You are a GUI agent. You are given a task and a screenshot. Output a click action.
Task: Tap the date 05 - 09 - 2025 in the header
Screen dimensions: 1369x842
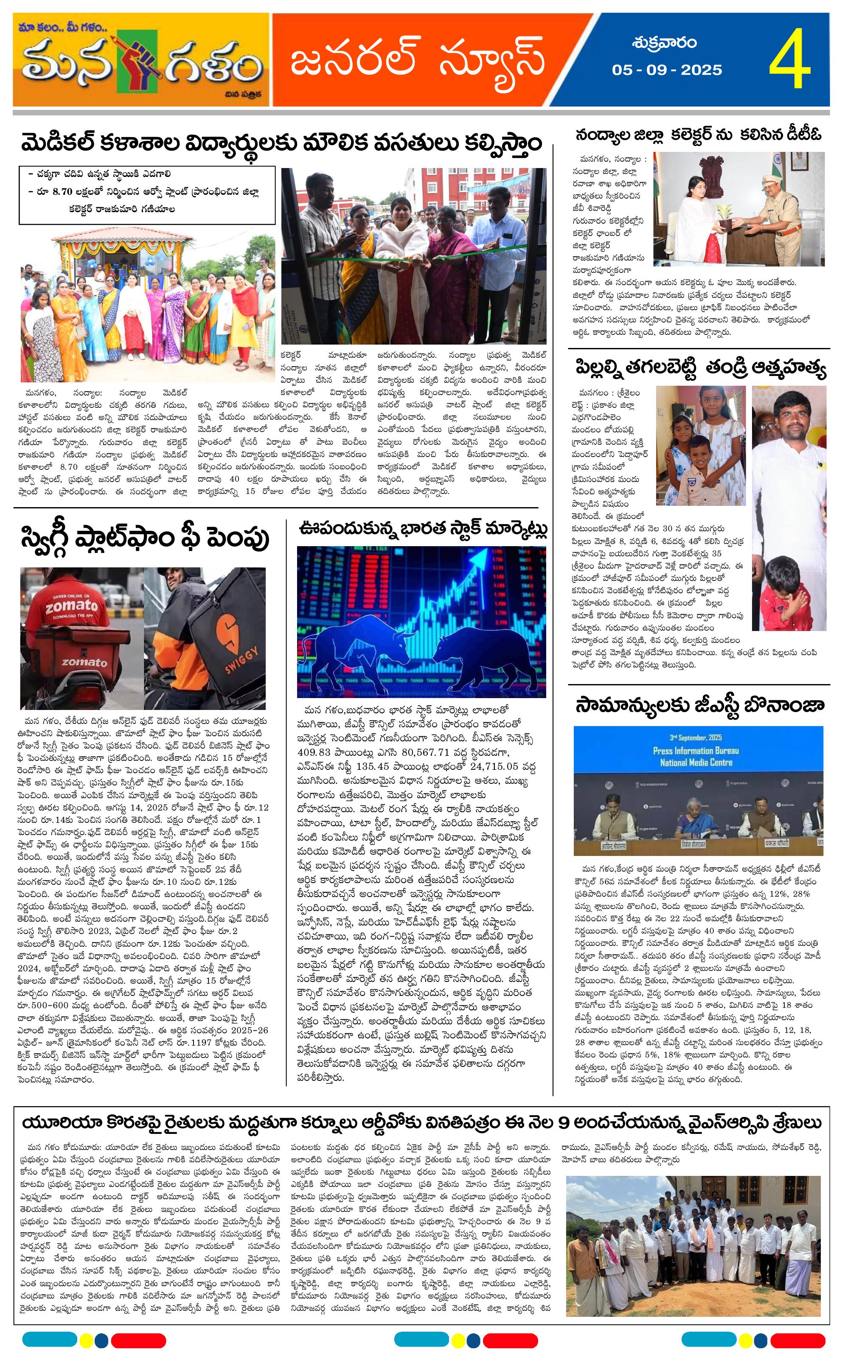click(667, 70)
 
